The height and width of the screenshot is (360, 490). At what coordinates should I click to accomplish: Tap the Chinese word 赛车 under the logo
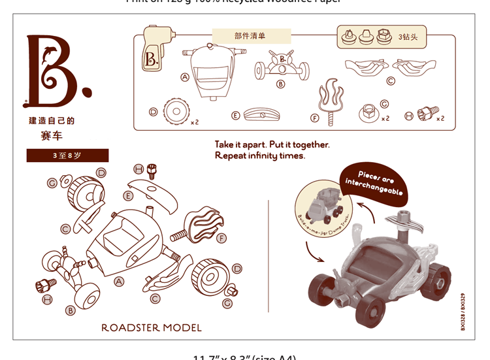[52, 135]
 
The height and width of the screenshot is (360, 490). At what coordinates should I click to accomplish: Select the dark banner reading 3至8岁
[67, 155]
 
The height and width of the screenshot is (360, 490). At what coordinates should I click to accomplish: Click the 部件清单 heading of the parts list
[251, 36]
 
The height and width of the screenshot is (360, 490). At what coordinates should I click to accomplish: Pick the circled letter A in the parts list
[185, 76]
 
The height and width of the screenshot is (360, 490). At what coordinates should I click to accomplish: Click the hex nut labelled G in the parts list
[369, 114]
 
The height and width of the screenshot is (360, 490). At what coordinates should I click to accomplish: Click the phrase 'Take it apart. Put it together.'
[272, 144]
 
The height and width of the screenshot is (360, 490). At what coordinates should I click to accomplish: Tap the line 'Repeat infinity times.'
[259, 155]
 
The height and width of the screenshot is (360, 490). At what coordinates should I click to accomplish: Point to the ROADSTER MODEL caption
[152, 327]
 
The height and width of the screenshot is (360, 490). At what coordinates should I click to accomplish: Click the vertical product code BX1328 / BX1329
[462, 312]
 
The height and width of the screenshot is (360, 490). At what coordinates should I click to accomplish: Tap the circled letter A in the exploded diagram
[119, 282]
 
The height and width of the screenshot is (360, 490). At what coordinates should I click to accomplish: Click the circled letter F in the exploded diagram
[221, 238]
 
